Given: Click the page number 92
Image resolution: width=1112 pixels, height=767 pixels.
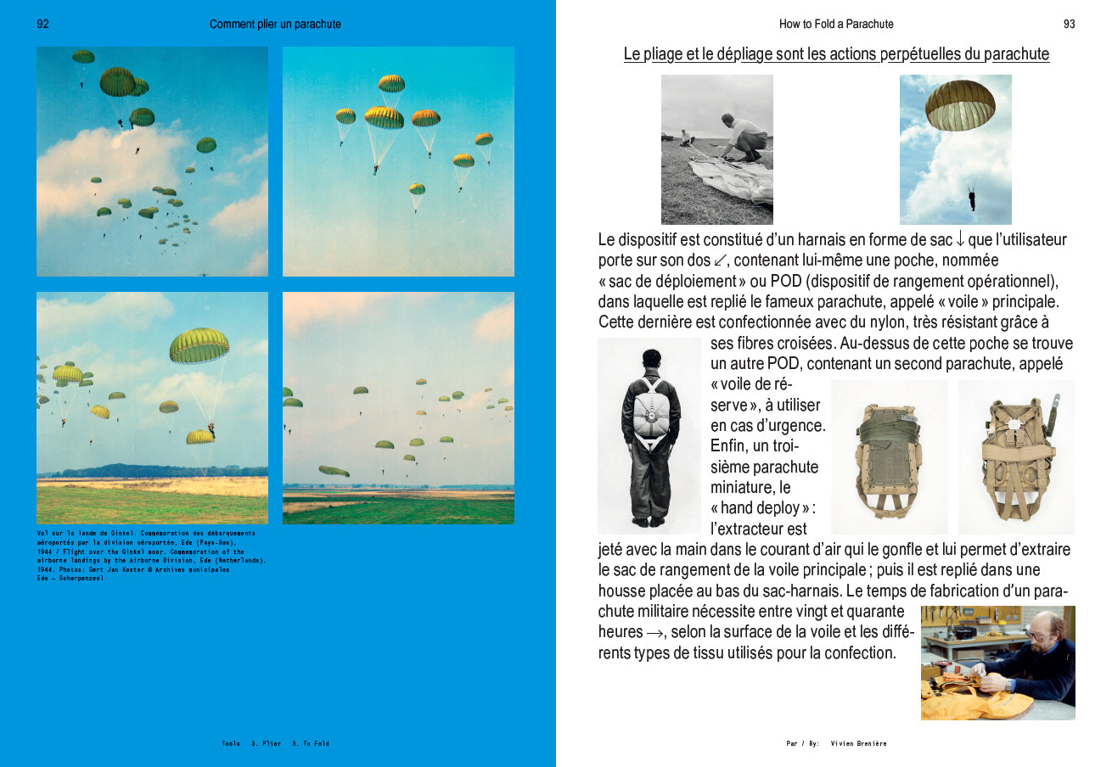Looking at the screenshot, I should (x=42, y=25).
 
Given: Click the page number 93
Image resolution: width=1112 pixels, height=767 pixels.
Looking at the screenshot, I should (x=1069, y=25).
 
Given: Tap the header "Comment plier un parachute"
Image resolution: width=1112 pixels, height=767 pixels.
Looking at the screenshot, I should (x=275, y=25).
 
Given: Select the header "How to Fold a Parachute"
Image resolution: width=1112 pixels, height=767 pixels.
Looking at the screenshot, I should (x=836, y=25).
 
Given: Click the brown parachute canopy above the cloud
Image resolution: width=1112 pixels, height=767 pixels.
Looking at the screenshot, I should (x=960, y=104).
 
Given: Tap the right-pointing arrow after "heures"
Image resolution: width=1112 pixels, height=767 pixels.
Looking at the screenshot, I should (x=654, y=633).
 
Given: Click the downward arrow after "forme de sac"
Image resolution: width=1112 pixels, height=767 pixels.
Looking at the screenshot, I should (x=960, y=240).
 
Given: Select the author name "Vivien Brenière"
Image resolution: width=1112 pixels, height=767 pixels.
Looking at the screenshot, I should (x=858, y=743).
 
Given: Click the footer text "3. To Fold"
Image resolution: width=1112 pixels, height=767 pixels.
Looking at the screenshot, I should (x=310, y=743).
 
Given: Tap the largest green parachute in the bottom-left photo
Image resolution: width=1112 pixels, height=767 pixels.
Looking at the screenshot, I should (x=199, y=345).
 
